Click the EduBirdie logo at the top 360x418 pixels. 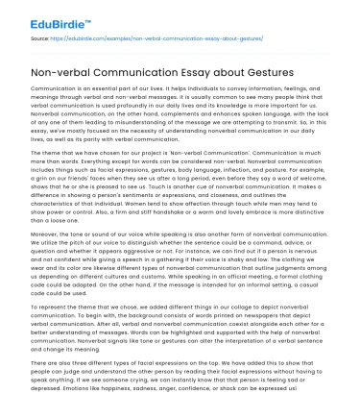click(47, 17)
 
